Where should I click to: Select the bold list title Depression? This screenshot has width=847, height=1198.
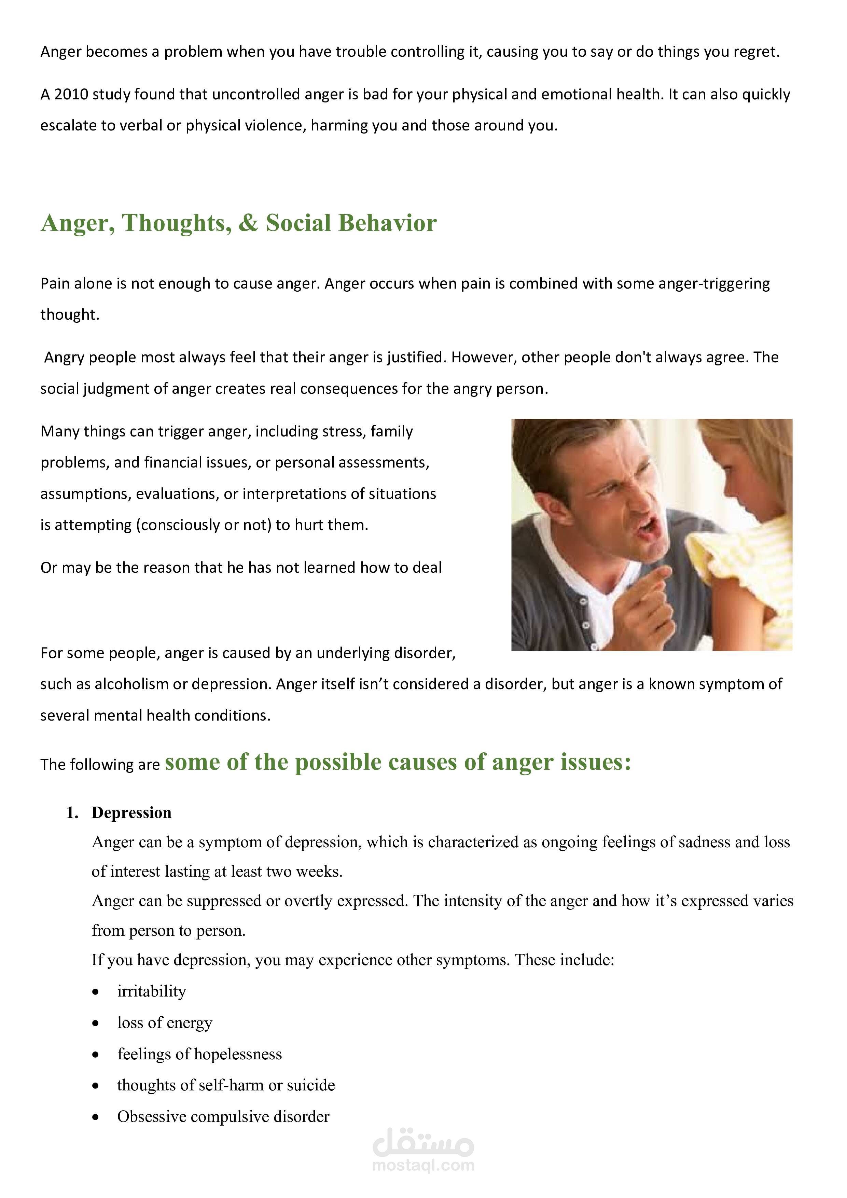[x=131, y=813]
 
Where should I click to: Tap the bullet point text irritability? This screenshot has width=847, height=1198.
[x=151, y=991]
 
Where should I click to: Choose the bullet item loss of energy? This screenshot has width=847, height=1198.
[x=164, y=1023]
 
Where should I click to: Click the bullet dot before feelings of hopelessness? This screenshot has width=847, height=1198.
[x=96, y=1055]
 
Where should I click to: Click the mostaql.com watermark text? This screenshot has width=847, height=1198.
[x=423, y=1165]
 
